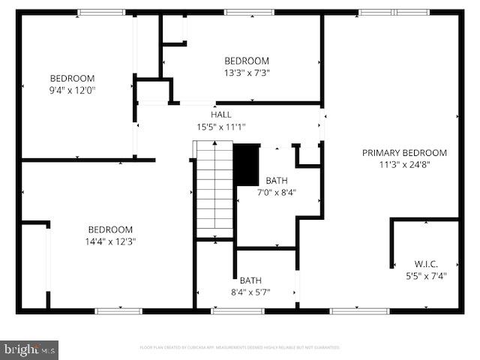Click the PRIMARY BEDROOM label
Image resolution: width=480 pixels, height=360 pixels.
tap(404, 152)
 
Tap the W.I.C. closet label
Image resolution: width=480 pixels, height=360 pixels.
tap(426, 263)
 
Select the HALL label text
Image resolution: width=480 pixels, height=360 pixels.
tap(220, 115)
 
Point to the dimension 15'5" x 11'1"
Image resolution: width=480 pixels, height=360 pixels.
tap(220, 127)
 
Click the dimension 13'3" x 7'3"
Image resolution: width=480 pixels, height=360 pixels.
tap(247, 73)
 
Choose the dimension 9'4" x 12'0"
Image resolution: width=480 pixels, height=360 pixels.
tap(72, 90)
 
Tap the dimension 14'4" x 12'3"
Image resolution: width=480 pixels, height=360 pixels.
tap(110, 241)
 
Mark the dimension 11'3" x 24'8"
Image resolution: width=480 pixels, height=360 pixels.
tap(404, 164)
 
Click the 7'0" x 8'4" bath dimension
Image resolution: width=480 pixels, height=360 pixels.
tap(276, 192)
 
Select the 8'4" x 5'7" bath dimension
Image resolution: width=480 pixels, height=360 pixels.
tap(250, 292)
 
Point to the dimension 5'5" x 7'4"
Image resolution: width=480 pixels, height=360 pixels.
tap(426, 275)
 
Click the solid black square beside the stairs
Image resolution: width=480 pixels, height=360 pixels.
tap(246, 164)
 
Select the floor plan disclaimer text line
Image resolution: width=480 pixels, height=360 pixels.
tap(240, 348)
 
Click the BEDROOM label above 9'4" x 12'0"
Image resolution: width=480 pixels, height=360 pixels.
tap(72, 78)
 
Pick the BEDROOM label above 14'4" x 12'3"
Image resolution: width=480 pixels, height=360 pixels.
tap(110, 229)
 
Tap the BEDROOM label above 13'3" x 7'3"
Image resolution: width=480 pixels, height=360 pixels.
tap(247, 61)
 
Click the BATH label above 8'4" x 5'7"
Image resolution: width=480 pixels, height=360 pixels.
tap(250, 280)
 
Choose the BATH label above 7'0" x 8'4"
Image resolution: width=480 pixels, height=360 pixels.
tap(276, 180)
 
